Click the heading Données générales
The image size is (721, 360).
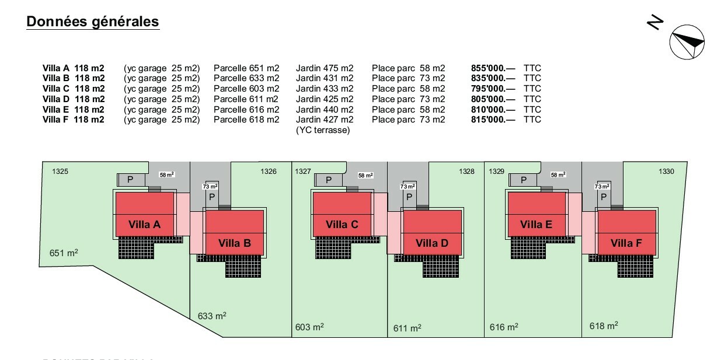click(x=93, y=22)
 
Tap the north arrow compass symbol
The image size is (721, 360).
click(x=688, y=42)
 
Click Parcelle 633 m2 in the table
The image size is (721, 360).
click(x=246, y=78)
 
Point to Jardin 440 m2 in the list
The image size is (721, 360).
click(x=325, y=110)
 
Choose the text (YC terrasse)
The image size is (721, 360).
click(x=323, y=130)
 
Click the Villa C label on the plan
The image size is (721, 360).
click(x=342, y=224)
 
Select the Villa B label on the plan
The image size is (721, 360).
click(x=235, y=243)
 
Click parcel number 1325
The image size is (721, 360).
click(x=60, y=172)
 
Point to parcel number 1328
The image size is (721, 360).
click(x=466, y=172)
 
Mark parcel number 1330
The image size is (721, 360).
click(x=666, y=172)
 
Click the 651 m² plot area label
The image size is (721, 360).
click(x=64, y=253)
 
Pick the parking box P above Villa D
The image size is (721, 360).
click(x=409, y=197)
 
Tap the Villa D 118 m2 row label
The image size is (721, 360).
click(x=74, y=99)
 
